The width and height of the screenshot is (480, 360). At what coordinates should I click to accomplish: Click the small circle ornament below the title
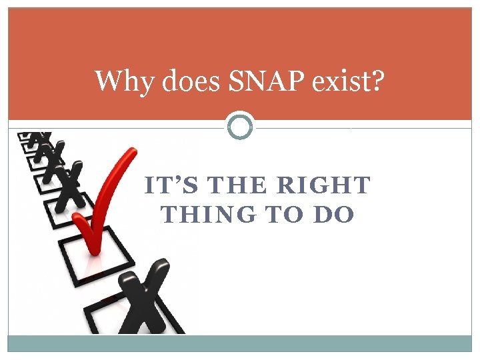click(x=240, y=125)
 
